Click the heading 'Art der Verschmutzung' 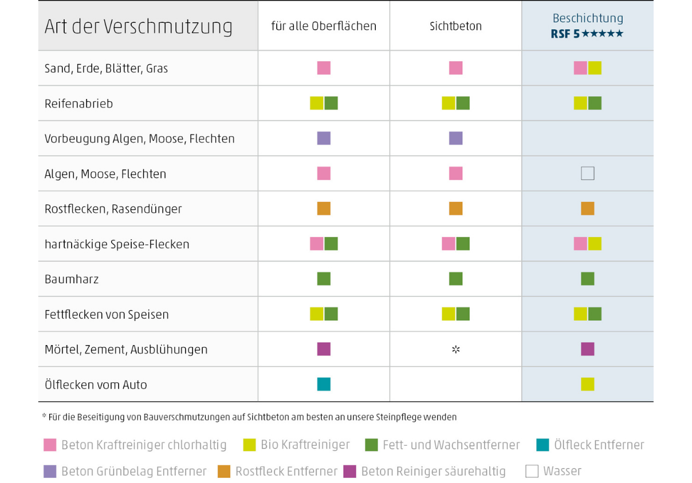(138, 27)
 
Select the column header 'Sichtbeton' (455, 26)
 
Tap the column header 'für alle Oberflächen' (324, 26)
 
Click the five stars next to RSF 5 (603, 33)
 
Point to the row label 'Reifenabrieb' (79, 104)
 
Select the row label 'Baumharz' (72, 279)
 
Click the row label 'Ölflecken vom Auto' (96, 385)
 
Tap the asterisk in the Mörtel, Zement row (455, 349)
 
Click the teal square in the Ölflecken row (324, 384)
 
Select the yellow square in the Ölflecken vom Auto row (588, 384)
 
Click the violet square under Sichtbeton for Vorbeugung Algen (455, 138)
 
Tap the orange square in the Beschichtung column (588, 209)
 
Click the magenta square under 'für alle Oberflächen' (324, 349)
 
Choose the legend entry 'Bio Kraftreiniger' (297, 445)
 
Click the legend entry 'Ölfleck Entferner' (591, 445)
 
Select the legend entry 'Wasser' (553, 472)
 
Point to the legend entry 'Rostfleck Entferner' (277, 472)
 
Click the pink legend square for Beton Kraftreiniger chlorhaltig (50, 445)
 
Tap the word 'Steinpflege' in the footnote (399, 417)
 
